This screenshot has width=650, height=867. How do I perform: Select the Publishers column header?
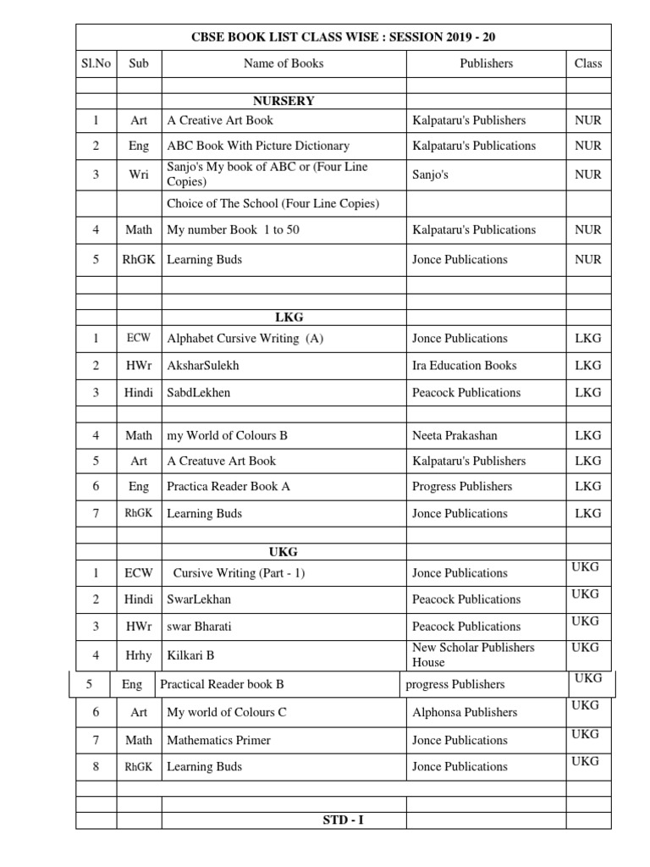[x=486, y=63]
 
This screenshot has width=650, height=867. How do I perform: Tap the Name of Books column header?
[x=284, y=63]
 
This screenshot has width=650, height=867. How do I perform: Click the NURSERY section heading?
[x=284, y=101]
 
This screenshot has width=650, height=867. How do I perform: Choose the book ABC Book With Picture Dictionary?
[x=258, y=146]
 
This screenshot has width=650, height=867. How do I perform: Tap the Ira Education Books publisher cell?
[x=464, y=366]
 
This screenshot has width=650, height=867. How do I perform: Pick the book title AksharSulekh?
[x=203, y=366]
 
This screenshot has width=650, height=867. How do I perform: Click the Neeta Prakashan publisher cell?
[x=454, y=435]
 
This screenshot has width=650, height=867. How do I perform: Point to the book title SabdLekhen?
[x=199, y=393]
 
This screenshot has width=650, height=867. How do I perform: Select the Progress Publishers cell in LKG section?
[x=462, y=486]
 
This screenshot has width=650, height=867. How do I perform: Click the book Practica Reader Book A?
[x=229, y=486]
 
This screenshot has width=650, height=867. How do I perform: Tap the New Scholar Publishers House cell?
[x=473, y=654]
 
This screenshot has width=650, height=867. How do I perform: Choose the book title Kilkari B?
[x=190, y=655]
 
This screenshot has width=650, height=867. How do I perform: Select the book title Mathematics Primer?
[x=218, y=740]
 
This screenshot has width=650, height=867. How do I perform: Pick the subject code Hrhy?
[x=139, y=655]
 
